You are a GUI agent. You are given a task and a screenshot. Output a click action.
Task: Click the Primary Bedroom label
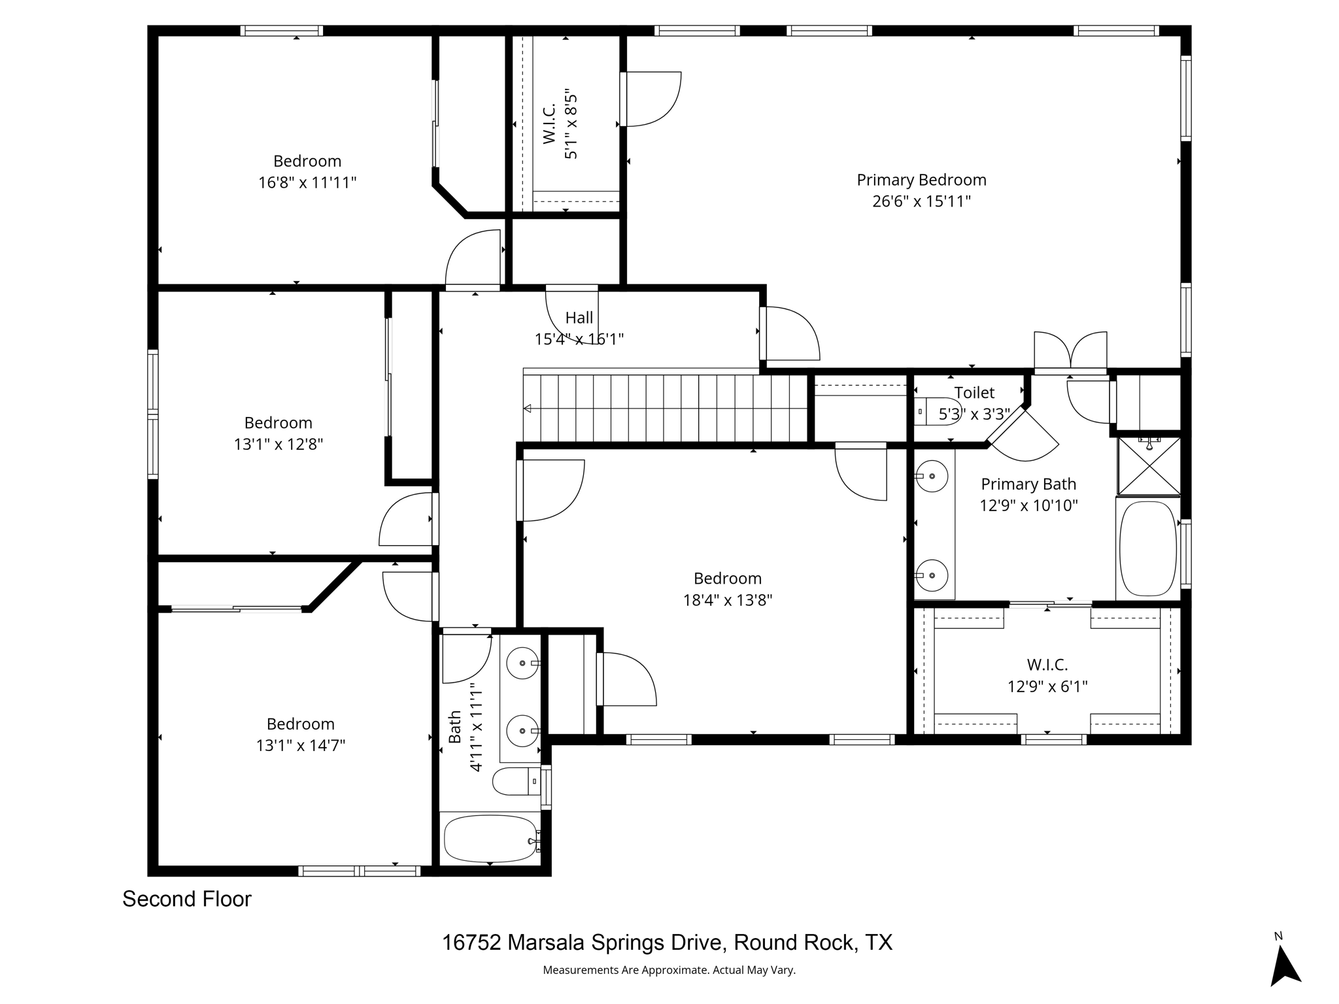921,180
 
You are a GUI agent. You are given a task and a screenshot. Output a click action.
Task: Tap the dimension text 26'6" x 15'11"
921,201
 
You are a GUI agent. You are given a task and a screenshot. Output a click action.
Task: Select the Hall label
579,318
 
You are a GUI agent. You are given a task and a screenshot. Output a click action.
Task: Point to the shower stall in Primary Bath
1149,466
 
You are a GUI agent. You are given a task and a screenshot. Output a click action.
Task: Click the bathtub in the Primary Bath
1147,548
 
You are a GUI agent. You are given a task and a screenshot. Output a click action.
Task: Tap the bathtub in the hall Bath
490,839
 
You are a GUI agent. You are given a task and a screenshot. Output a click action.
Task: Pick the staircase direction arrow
528,409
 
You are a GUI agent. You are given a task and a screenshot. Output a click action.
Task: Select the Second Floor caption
187,899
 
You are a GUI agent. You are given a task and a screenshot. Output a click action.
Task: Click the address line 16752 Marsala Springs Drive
667,943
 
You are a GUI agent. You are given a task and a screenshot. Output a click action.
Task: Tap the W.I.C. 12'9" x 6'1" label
1047,676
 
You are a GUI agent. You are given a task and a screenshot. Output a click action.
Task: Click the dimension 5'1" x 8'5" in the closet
571,124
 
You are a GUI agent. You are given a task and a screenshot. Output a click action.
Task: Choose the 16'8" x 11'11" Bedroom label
307,171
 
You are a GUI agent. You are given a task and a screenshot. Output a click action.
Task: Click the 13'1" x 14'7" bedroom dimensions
301,746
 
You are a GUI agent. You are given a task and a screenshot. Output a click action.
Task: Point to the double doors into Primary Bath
1070,353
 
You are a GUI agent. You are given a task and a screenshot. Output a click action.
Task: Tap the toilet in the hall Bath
517,781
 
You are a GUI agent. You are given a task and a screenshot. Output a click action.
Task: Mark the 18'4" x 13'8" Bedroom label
728,589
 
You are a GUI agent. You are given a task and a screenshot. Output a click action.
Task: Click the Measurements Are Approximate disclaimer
669,971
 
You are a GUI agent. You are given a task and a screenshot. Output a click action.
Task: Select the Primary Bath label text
1028,484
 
